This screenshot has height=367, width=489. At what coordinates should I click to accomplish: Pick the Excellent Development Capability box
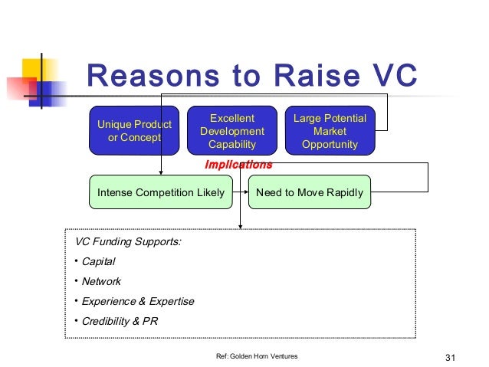point(231,131)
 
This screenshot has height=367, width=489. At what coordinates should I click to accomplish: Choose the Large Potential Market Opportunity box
point(330,131)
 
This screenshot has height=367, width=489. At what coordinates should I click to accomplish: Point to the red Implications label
point(238,165)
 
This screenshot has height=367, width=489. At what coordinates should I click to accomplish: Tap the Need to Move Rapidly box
point(309,192)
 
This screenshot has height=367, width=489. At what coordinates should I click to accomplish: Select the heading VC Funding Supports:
point(128,242)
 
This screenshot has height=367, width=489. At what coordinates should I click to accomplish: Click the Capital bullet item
point(98,262)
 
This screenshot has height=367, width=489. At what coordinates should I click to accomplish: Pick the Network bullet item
point(101,282)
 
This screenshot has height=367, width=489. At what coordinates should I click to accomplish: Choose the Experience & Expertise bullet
point(138,302)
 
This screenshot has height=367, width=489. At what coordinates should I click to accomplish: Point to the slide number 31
point(450,357)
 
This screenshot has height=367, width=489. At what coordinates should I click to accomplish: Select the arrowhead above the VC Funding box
point(241,225)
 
